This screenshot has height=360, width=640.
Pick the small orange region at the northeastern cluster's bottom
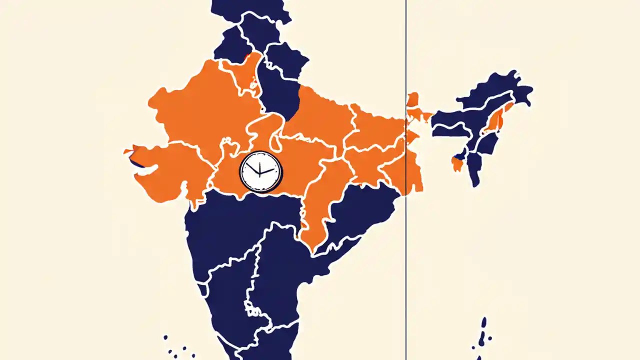456,163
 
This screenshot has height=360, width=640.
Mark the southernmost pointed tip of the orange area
313,248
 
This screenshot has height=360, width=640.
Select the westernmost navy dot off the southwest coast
165,337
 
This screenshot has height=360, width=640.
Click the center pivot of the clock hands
260,173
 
